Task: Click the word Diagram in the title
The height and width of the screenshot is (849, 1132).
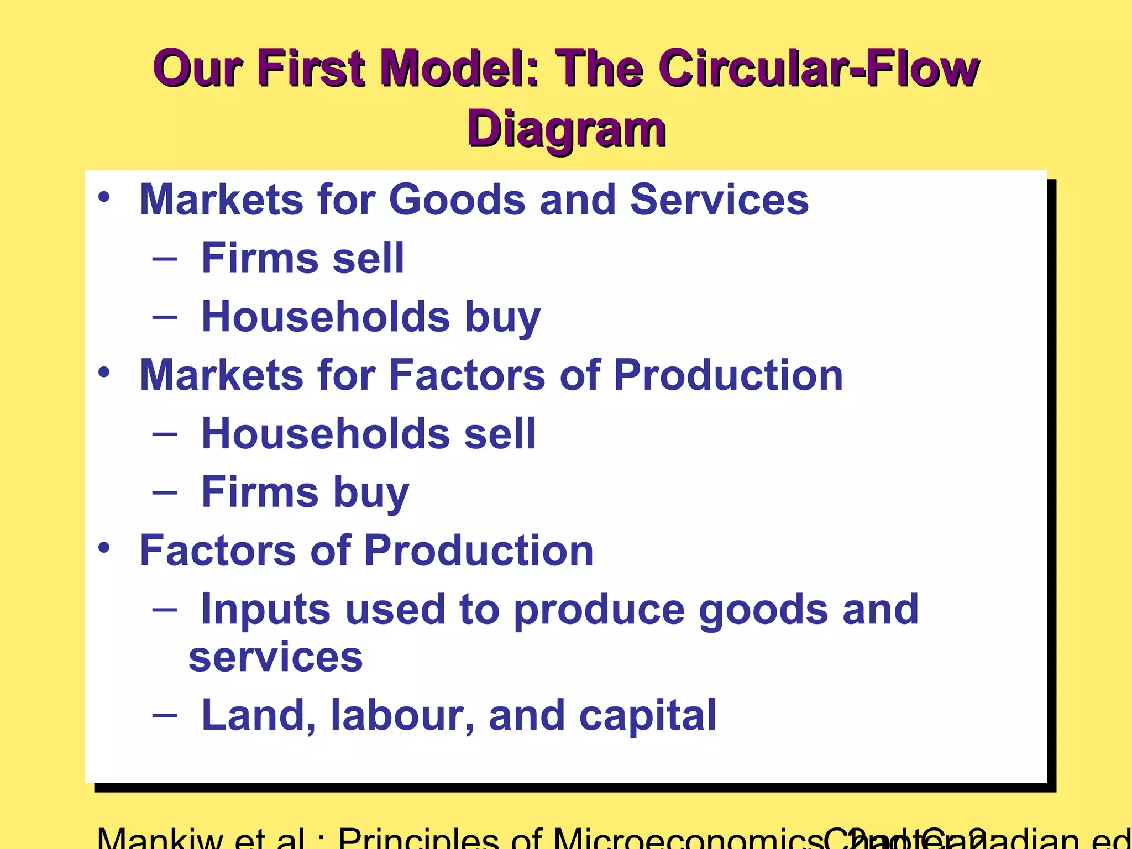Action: [566, 128]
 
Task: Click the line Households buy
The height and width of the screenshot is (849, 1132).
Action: [370, 317]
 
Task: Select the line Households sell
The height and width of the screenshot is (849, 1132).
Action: [368, 433]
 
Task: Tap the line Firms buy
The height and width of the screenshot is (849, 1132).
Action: [305, 492]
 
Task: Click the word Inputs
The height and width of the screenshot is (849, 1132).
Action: [266, 609]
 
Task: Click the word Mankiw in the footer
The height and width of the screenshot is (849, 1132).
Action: [160, 840]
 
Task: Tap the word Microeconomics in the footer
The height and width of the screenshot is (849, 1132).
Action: [685, 840]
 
